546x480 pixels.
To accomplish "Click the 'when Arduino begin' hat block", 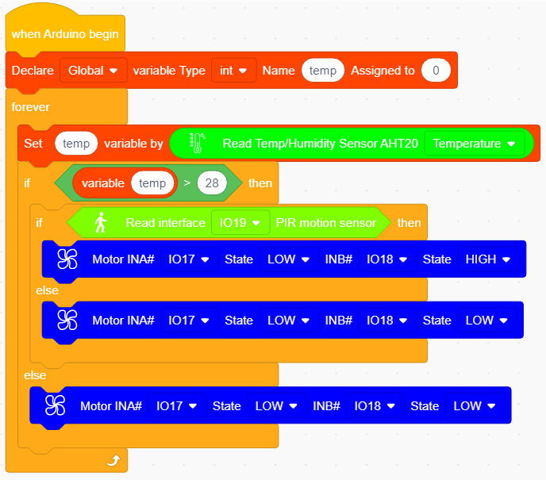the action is tap(65, 33).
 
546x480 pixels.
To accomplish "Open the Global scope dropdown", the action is tap(93, 71).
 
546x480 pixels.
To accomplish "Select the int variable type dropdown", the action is tap(233, 71).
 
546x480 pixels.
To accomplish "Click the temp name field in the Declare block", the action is tap(323, 71).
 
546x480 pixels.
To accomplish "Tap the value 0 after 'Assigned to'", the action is tap(436, 71).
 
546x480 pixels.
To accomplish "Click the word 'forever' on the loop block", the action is tap(31, 107).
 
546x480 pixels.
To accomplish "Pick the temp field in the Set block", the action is tap(76, 144).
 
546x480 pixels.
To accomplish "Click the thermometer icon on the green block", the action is tap(198, 143).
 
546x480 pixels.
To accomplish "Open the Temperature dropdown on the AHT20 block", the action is tap(475, 144).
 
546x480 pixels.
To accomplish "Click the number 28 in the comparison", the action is tap(212, 182).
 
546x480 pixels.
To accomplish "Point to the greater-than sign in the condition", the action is tap(187, 182).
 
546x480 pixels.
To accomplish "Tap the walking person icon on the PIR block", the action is tap(101, 222).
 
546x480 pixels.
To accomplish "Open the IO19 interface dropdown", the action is tap(240, 222).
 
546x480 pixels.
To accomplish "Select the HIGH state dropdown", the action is tap(488, 259).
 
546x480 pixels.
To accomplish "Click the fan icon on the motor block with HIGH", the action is tap(67, 259).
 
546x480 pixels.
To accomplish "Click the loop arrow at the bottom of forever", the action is tap(113, 460).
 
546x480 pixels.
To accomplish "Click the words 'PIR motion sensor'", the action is tap(326, 223).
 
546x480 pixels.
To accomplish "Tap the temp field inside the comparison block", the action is tap(152, 182).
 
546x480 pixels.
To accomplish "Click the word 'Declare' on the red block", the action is tap(33, 71).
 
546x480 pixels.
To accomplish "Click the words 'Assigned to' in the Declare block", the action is tap(383, 71).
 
